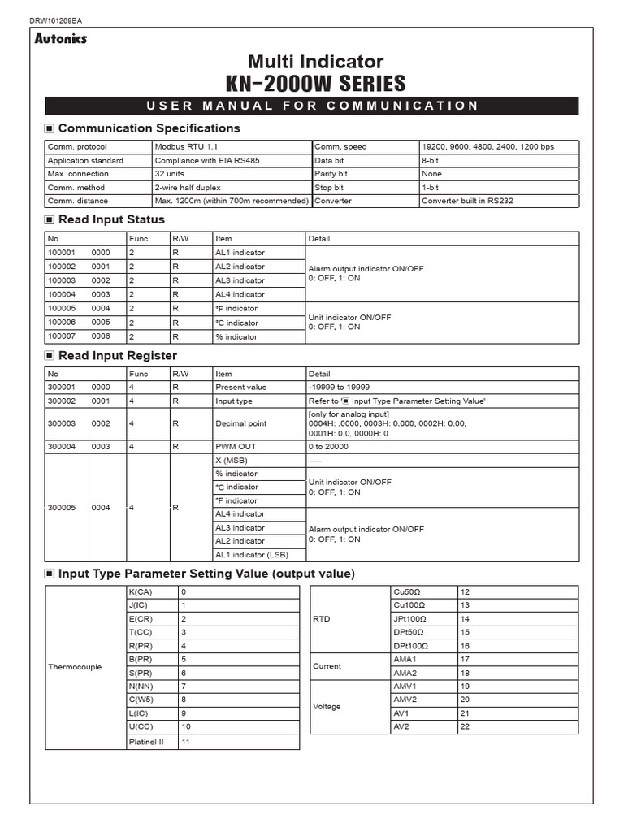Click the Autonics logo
(61, 38)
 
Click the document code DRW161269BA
(55, 19)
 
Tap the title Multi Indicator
(315, 62)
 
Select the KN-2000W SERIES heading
(315, 84)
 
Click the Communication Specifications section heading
(149, 128)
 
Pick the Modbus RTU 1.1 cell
(183, 147)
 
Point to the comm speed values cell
(487, 147)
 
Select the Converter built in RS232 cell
(466, 201)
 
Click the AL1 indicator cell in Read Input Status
(240, 253)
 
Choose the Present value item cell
(240, 388)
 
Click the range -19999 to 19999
(340, 388)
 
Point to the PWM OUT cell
(236, 447)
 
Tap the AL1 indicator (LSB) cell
(252, 555)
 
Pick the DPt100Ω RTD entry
(410, 646)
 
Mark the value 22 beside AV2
(466, 726)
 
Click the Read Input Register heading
(117, 356)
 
